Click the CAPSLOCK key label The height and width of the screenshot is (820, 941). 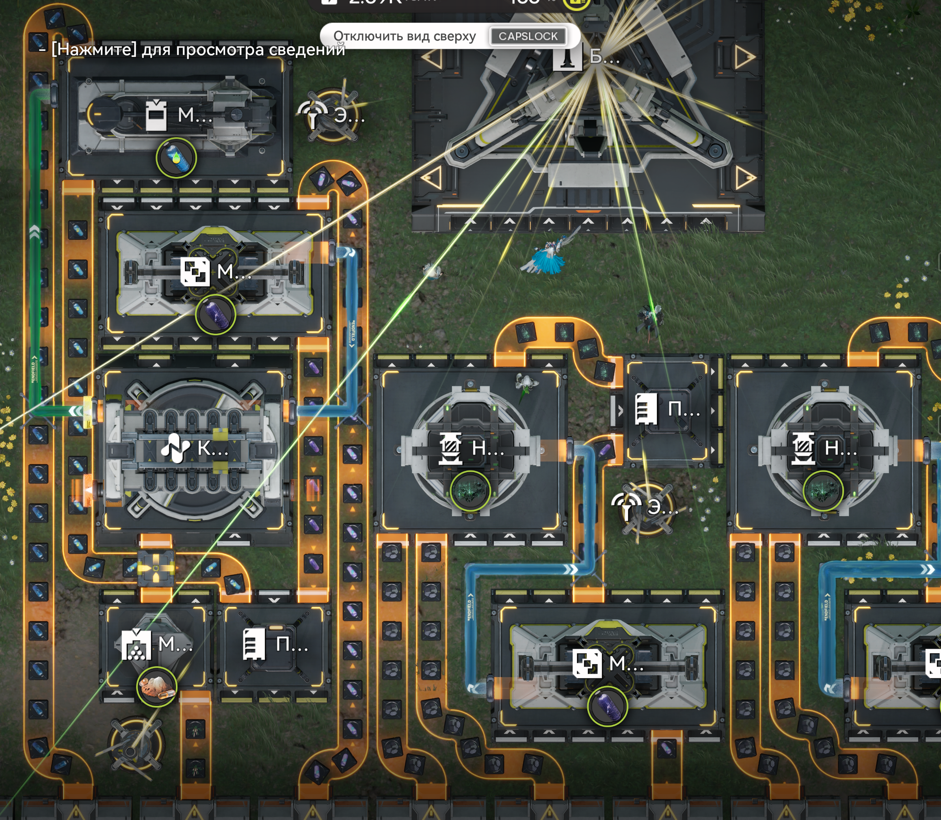(528, 36)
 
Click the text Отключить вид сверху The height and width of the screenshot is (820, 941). (404, 36)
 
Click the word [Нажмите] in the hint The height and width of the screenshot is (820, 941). (94, 49)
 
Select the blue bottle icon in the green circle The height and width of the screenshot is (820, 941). (176, 158)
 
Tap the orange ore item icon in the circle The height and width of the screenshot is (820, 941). (156, 686)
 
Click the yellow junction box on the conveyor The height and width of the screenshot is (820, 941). (156, 568)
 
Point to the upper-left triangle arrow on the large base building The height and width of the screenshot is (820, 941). (432, 58)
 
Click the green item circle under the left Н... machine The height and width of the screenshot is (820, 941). (470, 490)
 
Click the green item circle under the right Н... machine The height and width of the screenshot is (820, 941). (823, 490)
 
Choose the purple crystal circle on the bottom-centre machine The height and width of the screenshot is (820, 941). (607, 706)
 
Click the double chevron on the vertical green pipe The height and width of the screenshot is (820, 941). (35, 231)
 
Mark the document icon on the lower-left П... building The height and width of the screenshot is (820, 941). (254, 644)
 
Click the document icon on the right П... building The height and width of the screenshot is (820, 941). (646, 409)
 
